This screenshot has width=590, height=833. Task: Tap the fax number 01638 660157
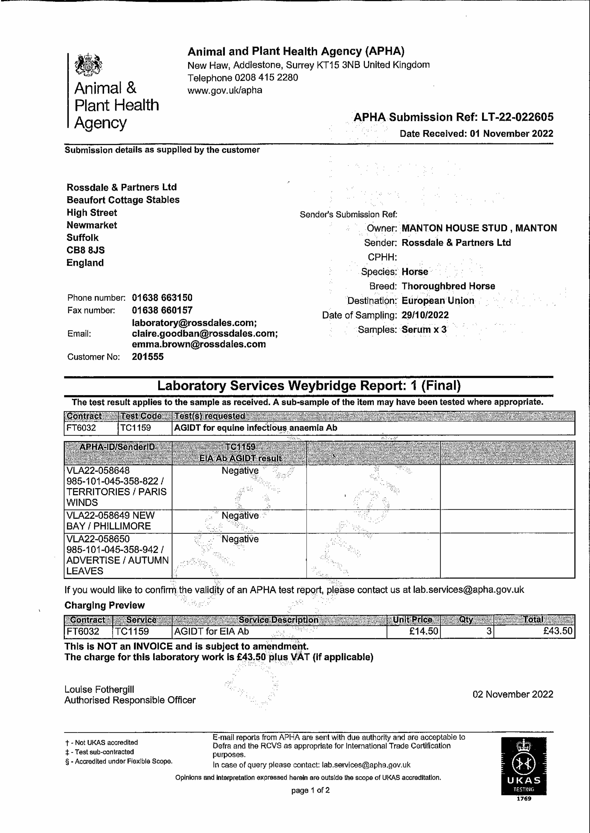click(x=162, y=310)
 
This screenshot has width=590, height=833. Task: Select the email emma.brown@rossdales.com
click(x=199, y=344)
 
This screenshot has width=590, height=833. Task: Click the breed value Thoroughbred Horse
click(x=448, y=286)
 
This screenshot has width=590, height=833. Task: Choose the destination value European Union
click(x=438, y=301)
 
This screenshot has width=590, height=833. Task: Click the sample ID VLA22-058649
click(x=98, y=515)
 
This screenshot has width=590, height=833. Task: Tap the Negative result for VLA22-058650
click(x=240, y=539)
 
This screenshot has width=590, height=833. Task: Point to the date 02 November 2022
click(x=513, y=694)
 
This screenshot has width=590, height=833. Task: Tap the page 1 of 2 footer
click(x=310, y=790)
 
